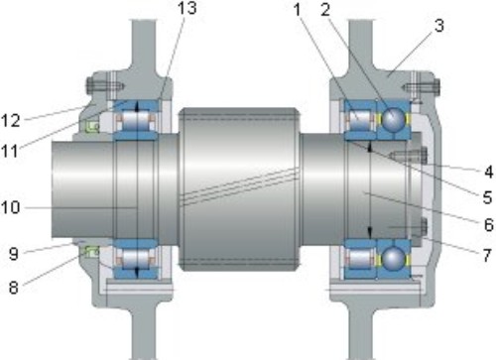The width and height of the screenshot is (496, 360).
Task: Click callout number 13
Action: [187, 8]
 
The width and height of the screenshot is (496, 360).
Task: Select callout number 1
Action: [298, 10]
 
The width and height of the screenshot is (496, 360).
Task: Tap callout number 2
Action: [325, 10]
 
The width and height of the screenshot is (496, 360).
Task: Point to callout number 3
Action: [438, 26]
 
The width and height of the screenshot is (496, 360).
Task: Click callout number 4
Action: [488, 172]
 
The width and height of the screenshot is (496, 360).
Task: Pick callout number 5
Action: [488, 197]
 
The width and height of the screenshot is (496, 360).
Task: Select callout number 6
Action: [488, 225]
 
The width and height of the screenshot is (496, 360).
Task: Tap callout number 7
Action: [487, 255]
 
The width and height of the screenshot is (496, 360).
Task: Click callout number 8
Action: [13, 288]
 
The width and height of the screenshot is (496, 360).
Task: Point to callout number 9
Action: [14, 254]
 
